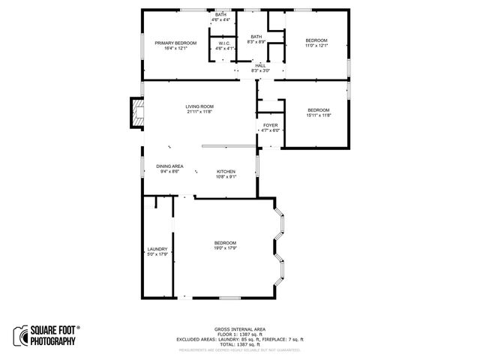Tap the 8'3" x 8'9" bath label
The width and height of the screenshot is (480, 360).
coord(256,40)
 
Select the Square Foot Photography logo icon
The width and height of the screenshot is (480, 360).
coord(19,334)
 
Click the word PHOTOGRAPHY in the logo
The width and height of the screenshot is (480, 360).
coord(52,342)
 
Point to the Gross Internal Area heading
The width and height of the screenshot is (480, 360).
coord(240,329)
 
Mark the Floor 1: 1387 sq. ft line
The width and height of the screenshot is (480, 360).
coord(240,334)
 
